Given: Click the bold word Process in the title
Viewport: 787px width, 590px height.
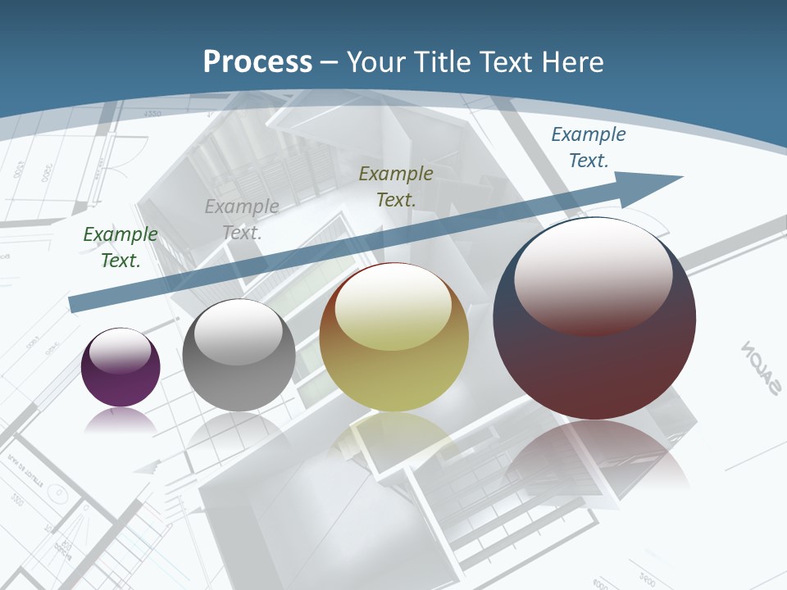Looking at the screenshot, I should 257,62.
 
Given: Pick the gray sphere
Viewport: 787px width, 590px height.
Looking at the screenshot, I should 239,369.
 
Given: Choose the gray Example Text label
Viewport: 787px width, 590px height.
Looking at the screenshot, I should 242,220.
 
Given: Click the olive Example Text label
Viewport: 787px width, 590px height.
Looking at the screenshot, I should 396,186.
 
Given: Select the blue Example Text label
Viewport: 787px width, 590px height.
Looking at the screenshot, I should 589,147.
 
